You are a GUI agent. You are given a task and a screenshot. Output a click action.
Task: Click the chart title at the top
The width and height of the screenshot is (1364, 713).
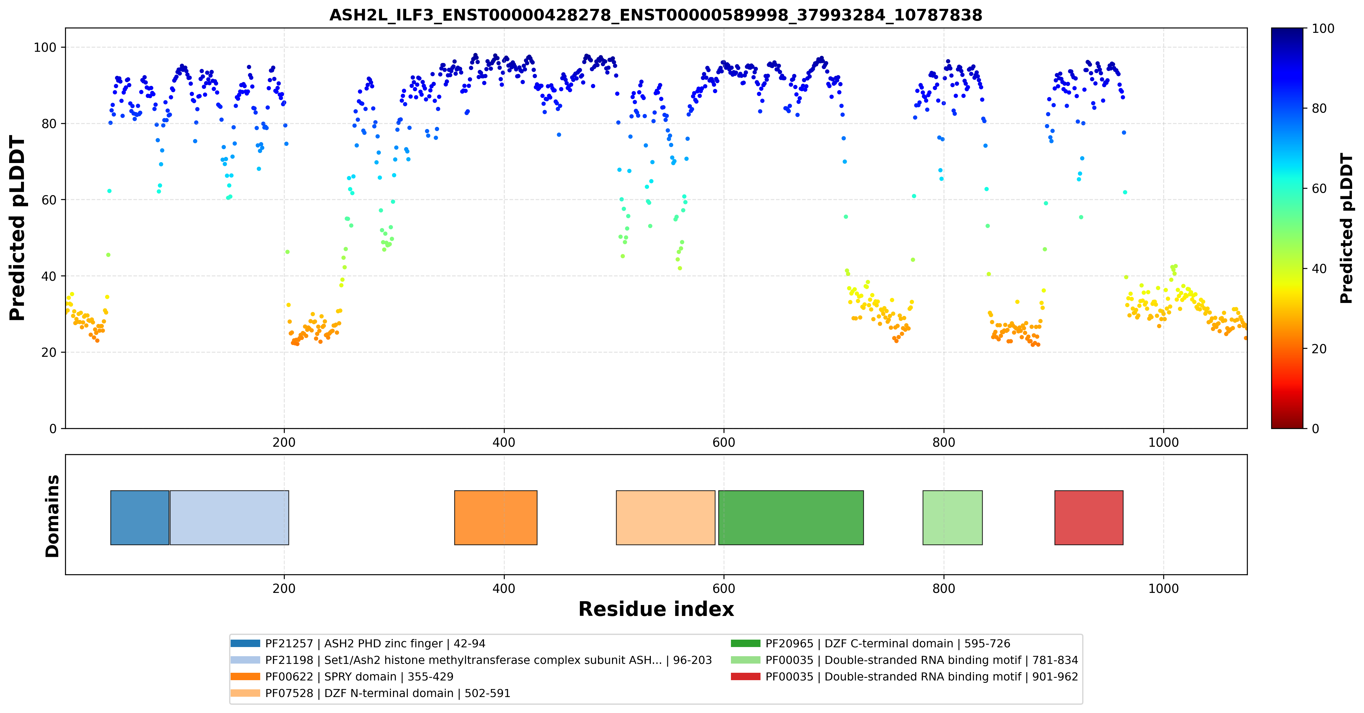click(x=656, y=15)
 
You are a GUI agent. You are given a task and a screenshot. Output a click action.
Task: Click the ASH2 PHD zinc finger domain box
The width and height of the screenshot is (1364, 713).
click(x=140, y=517)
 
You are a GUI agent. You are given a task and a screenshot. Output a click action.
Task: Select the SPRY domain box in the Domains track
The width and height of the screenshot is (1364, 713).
click(x=496, y=517)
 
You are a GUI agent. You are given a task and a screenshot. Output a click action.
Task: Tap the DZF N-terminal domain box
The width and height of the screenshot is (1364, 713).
click(x=666, y=517)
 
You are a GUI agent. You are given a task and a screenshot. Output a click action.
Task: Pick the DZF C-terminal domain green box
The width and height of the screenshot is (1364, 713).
click(x=791, y=517)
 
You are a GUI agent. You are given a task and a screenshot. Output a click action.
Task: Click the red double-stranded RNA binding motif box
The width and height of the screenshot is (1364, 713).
click(x=1089, y=517)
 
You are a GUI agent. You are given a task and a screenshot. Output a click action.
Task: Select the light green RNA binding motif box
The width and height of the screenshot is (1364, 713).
click(x=953, y=517)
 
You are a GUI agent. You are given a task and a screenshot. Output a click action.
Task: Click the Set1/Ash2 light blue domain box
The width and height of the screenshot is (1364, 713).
click(x=229, y=517)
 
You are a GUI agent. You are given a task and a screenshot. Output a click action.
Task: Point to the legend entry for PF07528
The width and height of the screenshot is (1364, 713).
click(x=371, y=693)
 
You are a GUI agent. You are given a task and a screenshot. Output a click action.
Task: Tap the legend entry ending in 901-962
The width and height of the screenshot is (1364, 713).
click(x=905, y=676)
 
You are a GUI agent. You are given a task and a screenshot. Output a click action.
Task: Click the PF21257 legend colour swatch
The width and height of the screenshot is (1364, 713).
click(x=245, y=643)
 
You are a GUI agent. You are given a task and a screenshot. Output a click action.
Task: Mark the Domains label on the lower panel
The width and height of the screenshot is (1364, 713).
click(x=52, y=516)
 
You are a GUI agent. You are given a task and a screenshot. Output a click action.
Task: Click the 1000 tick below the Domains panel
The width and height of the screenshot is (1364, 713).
click(x=1163, y=588)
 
